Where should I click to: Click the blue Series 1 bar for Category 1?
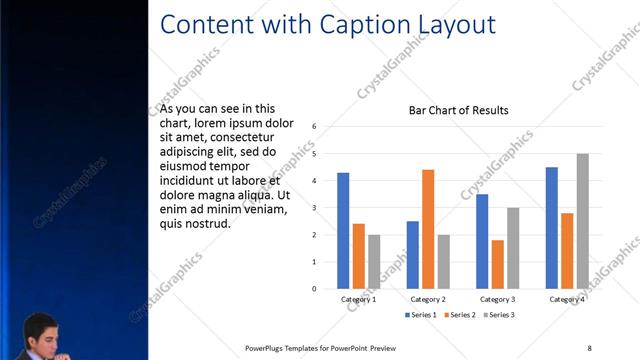click(x=343, y=231)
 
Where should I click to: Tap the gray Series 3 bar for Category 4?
click(x=582, y=221)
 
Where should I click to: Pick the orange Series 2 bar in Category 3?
click(x=497, y=264)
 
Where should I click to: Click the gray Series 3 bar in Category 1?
click(x=374, y=262)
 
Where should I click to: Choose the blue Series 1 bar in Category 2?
click(x=412, y=255)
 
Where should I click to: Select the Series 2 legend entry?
click(x=461, y=315)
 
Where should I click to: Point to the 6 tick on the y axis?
click(x=314, y=127)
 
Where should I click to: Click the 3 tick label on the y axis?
click(x=314, y=208)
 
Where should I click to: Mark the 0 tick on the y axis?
click(x=314, y=289)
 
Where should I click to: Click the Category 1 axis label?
click(x=358, y=300)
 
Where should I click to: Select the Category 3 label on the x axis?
click(x=497, y=300)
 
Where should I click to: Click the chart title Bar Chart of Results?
click(x=459, y=110)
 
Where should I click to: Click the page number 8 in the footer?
click(x=589, y=348)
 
